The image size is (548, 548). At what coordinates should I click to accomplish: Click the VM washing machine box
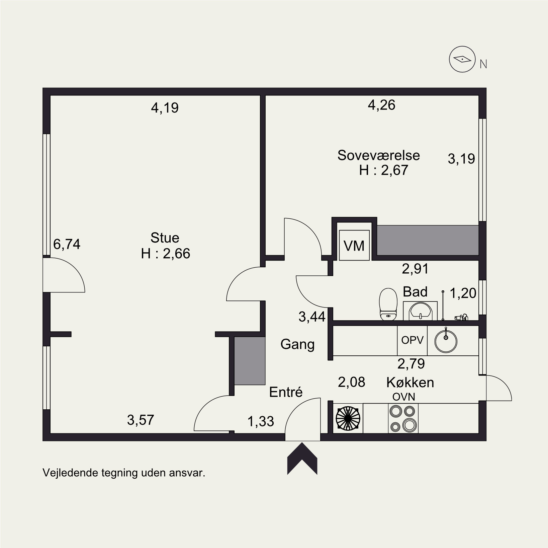[354, 245]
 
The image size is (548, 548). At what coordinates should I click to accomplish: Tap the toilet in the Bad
[388, 304]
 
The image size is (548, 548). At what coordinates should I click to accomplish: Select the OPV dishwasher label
[412, 340]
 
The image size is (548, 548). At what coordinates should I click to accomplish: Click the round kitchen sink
[446, 341]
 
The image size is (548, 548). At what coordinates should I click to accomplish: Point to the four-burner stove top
[403, 418]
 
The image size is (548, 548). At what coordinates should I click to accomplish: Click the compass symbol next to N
[462, 59]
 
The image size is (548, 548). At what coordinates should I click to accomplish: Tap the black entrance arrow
[302, 459]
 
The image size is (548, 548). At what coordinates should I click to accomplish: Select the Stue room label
[165, 238]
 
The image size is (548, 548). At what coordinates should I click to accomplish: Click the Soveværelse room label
[378, 155]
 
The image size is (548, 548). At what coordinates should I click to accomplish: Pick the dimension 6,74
[67, 244]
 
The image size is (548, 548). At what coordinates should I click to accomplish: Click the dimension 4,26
[381, 105]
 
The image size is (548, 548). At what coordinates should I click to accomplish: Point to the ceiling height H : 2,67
[384, 170]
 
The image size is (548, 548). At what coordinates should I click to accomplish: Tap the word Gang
[297, 345]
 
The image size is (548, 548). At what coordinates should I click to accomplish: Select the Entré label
[286, 392]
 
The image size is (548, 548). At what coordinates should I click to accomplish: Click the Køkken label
[410, 382]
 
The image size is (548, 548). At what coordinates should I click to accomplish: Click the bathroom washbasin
[420, 311]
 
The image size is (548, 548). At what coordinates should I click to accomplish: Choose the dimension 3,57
[141, 420]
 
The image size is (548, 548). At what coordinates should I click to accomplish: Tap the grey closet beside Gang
[250, 361]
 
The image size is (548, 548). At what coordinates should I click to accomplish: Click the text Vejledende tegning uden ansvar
[124, 473]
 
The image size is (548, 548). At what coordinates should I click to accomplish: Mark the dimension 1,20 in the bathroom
[463, 293]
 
